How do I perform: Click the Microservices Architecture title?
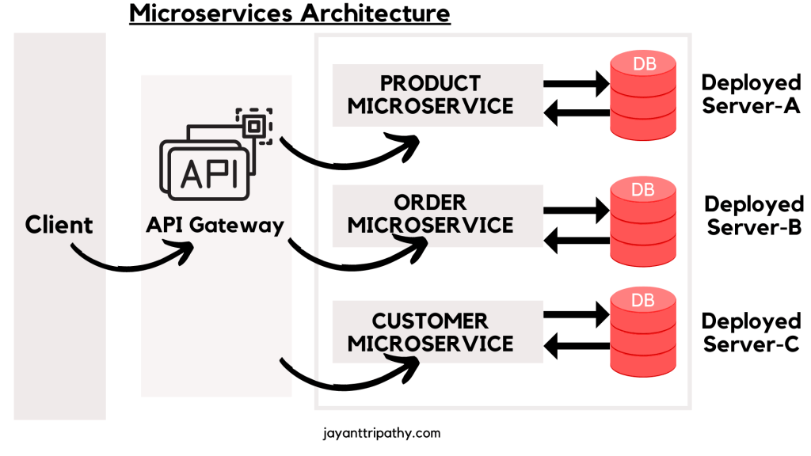[x=290, y=13]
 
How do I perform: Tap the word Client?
[x=59, y=225]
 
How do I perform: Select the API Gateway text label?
[x=215, y=225]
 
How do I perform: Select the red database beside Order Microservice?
[x=644, y=220]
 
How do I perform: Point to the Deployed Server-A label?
[x=750, y=94]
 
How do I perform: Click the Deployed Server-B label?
[x=753, y=215]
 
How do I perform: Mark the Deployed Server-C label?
[x=750, y=332]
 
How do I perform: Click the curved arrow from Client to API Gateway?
[x=131, y=260]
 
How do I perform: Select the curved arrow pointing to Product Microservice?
[x=348, y=157]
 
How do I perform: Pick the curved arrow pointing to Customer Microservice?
[x=348, y=378]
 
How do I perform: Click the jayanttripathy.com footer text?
[x=382, y=434]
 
